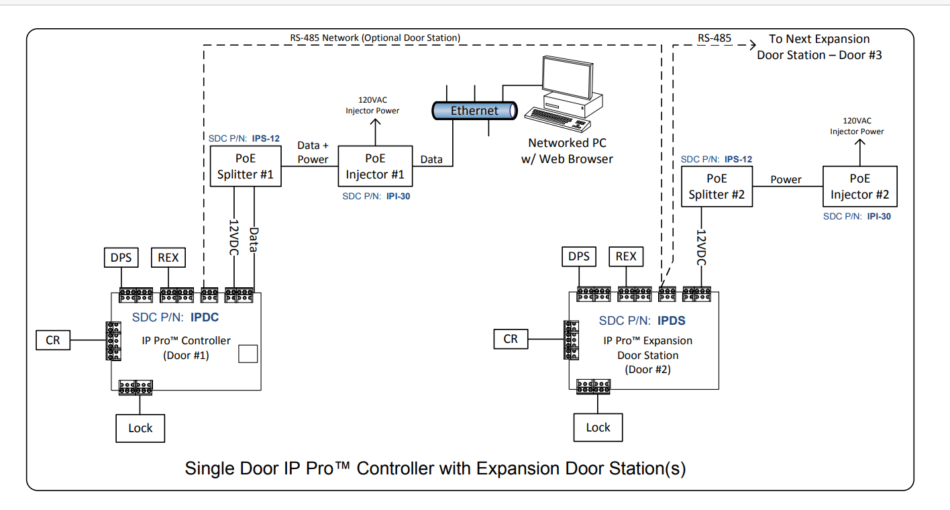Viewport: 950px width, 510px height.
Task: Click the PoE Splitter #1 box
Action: coord(246,167)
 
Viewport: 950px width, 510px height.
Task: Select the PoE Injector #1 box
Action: coord(375,166)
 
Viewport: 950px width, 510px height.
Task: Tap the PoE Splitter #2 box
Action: coord(717,187)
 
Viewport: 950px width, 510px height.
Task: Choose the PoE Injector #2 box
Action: coord(859,187)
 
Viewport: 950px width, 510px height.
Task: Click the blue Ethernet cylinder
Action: coord(474,111)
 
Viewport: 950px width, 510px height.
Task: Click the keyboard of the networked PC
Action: coord(553,121)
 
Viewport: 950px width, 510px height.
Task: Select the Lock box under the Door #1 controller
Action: coord(140,427)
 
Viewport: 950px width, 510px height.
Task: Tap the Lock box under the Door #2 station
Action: coord(598,427)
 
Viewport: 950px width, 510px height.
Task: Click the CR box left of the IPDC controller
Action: coord(53,340)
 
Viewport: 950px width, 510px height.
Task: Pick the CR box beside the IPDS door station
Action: coord(511,339)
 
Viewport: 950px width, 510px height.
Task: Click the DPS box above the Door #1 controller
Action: coord(121,257)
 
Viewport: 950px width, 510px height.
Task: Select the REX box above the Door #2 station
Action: coord(626,256)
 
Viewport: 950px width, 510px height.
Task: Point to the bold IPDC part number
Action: coord(204,317)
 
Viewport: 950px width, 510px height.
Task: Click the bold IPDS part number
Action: coord(671,321)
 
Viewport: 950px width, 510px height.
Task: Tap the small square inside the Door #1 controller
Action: coord(248,354)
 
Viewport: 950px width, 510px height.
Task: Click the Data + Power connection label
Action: coord(313,152)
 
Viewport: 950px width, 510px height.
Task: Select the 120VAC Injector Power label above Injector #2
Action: coord(857,126)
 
